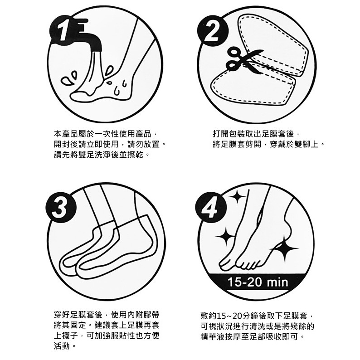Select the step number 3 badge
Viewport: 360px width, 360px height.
[60, 207]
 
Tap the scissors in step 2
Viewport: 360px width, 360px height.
[244, 60]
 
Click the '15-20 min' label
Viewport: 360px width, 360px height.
[258, 282]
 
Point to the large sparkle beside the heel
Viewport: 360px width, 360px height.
[285, 248]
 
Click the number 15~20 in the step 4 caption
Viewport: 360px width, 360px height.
[229, 316]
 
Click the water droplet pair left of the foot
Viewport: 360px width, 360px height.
[69, 78]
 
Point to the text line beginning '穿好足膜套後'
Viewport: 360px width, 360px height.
[106, 314]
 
